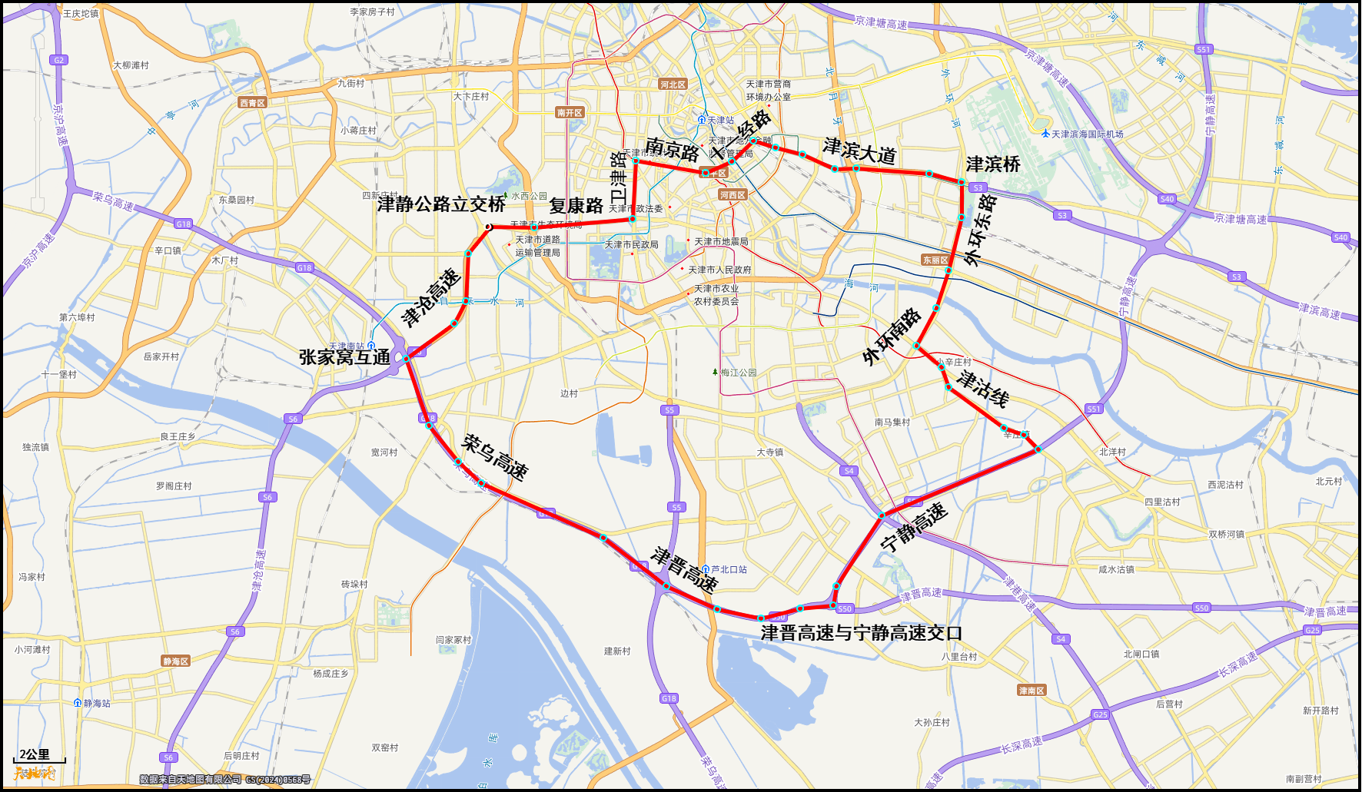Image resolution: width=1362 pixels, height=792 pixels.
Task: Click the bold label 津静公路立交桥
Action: coord(441,204)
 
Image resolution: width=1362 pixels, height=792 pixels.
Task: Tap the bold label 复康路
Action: coord(576,206)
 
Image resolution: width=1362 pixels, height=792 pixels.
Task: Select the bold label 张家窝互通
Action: coord(344,357)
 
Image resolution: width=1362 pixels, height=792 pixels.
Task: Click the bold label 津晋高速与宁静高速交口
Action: coord(861,633)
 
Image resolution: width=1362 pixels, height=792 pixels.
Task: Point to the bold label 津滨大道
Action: coord(859,151)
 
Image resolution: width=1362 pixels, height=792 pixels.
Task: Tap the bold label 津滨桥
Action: coord(993,164)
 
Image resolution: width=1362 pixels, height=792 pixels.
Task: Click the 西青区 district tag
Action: coord(252,103)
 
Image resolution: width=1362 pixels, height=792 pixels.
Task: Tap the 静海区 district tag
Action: coord(175,661)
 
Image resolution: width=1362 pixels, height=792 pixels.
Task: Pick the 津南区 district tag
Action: coord(1031,691)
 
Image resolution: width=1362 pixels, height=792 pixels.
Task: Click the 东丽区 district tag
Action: coord(935,260)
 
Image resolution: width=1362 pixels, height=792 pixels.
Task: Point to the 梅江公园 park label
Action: coord(738,373)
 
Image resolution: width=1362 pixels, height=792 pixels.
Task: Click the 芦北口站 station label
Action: coord(728,569)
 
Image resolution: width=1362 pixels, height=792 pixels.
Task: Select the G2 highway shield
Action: coord(58,60)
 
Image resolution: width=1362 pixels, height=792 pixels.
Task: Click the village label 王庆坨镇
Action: coord(80,13)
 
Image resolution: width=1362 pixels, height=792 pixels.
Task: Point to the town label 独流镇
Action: coord(35,447)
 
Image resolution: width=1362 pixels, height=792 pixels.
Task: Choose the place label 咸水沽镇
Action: coord(1116,569)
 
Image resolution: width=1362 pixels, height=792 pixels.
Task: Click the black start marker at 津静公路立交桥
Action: coord(488,227)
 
